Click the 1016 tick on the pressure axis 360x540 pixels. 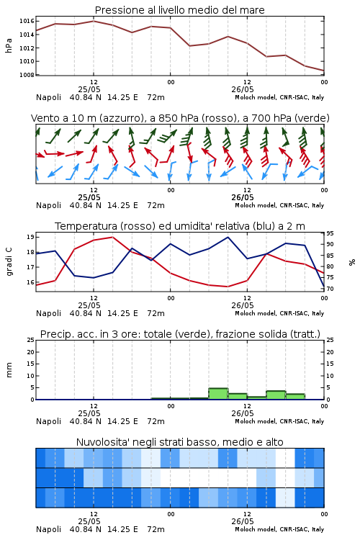pos(27,21)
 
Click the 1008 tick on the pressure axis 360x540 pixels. pos(27,75)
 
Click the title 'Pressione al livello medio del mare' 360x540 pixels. pos(180,10)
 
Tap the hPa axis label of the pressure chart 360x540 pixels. pos(9,46)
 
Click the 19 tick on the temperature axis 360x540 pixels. pos(30,237)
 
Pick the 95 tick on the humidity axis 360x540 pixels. pos(330,233)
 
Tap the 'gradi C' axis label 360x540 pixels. pos(9,262)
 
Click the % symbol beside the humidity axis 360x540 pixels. pos(352,262)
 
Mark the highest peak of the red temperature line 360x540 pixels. pos(112,237)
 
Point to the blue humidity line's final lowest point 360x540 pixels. pos(324,287)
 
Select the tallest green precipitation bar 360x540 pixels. pos(218,394)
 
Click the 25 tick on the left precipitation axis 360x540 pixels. pos(30,340)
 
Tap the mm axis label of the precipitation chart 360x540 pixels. pos(9,370)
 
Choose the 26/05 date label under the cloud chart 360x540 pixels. pos(243,521)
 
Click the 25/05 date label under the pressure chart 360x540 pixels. pos(89,89)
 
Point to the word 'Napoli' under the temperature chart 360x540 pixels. pos(48,313)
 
